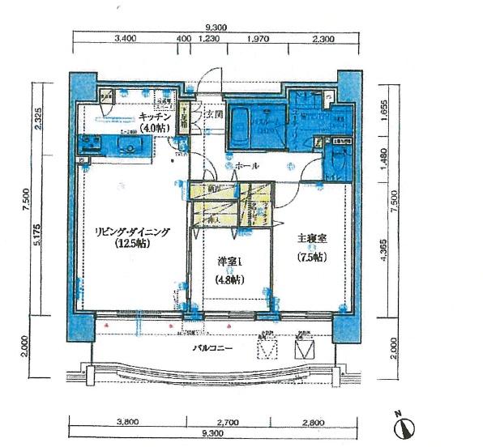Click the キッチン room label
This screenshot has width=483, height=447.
[156, 116]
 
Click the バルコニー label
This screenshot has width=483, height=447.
[213, 348]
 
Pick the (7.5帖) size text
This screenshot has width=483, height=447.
[308, 257]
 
